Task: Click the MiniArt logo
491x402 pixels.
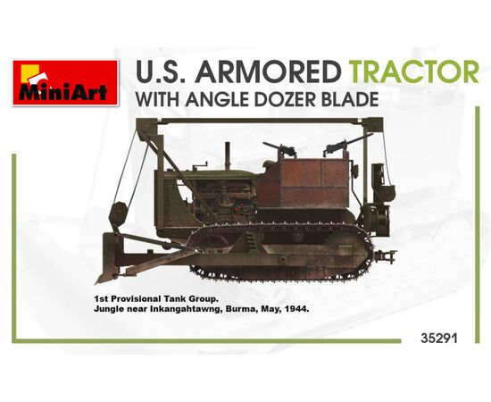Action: (65, 82)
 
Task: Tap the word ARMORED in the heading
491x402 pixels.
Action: (270, 71)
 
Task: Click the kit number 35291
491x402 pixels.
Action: (439, 339)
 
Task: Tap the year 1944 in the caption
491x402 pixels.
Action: (297, 309)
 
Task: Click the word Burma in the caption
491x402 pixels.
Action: (243, 309)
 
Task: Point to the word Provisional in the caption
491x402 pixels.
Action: (139, 299)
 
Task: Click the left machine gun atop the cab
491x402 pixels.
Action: (280, 150)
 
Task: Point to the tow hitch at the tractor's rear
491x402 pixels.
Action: (386, 255)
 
